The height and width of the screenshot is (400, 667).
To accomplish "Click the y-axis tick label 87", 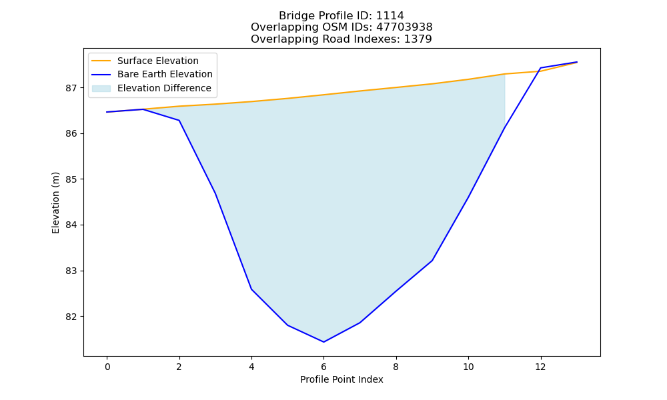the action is click(71, 88).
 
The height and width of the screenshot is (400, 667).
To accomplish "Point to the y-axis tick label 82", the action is click(71, 317).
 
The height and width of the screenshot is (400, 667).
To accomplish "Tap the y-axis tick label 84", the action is click(71, 225).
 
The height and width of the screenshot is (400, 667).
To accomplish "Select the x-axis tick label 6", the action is click(323, 367).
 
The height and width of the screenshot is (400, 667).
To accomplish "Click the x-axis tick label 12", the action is click(540, 367).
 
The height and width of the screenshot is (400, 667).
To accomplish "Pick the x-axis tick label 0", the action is click(107, 367).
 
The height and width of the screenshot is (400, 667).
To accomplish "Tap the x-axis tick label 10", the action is click(468, 367).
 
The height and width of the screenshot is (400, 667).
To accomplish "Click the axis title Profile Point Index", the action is click(342, 379).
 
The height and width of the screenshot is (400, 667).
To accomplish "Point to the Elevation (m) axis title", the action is click(55, 203).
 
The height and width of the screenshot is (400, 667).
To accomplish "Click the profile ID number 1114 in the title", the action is click(390, 16).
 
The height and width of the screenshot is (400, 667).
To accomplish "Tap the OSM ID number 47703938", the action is click(404, 27).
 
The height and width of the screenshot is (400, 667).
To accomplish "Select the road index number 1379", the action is click(418, 39).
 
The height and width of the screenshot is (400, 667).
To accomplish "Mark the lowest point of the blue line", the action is click(323, 342).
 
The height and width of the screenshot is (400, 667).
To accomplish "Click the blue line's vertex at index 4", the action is click(251, 289).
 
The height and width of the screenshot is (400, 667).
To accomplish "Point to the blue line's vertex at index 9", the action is click(432, 260).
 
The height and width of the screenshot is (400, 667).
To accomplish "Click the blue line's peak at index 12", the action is click(540, 68).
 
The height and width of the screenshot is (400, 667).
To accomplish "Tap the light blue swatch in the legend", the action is click(101, 89).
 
